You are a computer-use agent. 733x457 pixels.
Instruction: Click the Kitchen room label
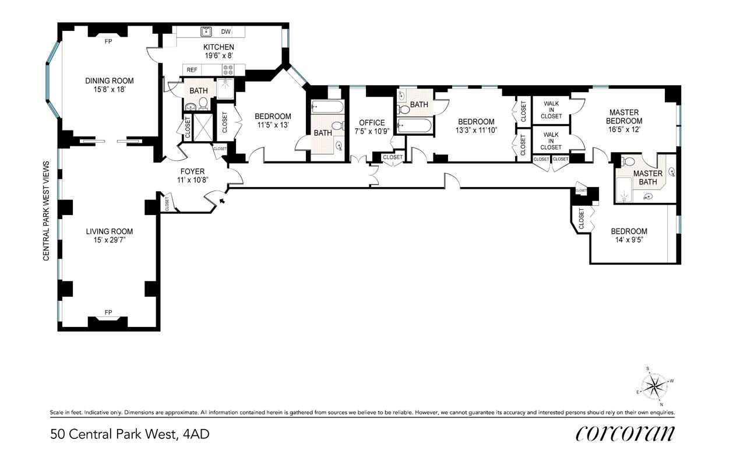(219, 47)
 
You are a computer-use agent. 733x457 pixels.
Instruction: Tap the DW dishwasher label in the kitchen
(226, 31)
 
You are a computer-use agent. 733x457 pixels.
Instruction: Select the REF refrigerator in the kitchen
(192, 70)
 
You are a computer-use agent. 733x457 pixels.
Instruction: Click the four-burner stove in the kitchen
(228, 70)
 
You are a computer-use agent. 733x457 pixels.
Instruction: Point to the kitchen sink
(206, 31)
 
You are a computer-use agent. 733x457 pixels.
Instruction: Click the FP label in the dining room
(108, 41)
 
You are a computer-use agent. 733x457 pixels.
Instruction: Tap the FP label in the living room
(108, 312)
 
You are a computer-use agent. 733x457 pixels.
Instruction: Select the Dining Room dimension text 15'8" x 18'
(110, 89)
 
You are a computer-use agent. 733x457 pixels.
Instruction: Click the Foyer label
(192, 171)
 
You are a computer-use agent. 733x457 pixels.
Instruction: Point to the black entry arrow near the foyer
(222, 201)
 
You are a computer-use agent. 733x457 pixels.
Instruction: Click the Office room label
(372, 123)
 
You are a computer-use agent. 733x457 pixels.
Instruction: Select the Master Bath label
(648, 178)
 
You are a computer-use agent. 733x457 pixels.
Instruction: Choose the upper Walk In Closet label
(551, 110)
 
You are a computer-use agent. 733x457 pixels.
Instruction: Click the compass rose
(654, 387)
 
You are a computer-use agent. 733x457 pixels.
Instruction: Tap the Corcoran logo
(625, 434)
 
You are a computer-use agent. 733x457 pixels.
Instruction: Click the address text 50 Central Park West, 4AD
(129, 434)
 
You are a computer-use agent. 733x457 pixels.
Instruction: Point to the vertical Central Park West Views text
(46, 211)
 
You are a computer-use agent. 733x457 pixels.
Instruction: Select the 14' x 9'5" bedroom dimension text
(629, 240)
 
